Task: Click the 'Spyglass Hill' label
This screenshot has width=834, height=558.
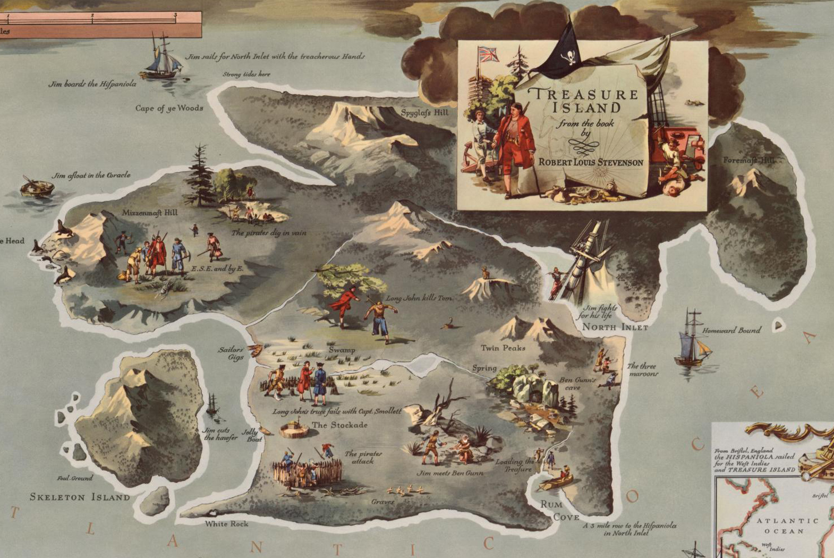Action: tap(424, 113)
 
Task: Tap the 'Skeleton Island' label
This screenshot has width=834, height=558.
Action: tap(80, 497)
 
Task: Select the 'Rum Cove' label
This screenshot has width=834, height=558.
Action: tap(559, 511)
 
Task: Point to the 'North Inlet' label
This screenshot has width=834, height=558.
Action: tap(615, 327)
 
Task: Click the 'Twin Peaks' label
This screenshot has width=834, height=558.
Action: tap(503, 348)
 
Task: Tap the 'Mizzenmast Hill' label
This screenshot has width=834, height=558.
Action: tap(150, 212)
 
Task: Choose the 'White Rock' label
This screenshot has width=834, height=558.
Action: tap(226, 524)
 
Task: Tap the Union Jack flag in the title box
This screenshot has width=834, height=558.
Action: tap(488, 54)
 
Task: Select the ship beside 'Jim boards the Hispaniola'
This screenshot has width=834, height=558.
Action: tap(162, 58)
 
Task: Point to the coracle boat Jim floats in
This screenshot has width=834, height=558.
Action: tap(37, 187)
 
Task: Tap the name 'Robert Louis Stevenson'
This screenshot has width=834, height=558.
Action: tap(590, 162)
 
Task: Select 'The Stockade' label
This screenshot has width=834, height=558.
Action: tap(339, 425)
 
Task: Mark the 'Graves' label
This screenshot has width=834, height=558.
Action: tap(383, 502)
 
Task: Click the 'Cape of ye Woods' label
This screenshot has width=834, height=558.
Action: tap(169, 108)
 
